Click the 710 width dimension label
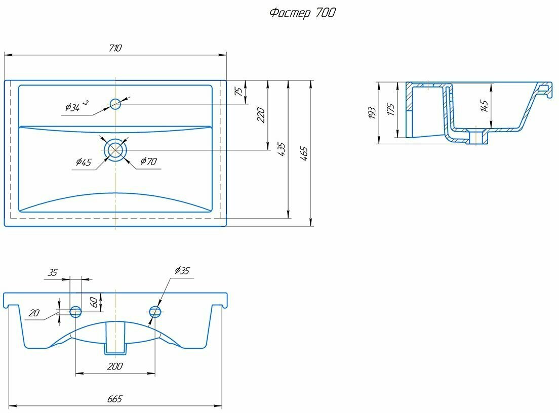coord(115,48)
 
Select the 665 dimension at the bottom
coord(115,399)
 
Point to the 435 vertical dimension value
coord(282,150)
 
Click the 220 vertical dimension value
coord(261,115)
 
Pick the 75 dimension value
coord(238,91)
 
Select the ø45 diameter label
coord(84,162)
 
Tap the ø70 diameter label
coord(148,161)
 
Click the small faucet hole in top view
coord(115,104)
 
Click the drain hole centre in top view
coord(115,150)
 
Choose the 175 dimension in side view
coord(390,110)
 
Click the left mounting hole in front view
coord(75,311)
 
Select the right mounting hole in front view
coord(155,311)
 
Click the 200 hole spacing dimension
coord(115,366)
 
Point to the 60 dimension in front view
coord(94,302)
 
